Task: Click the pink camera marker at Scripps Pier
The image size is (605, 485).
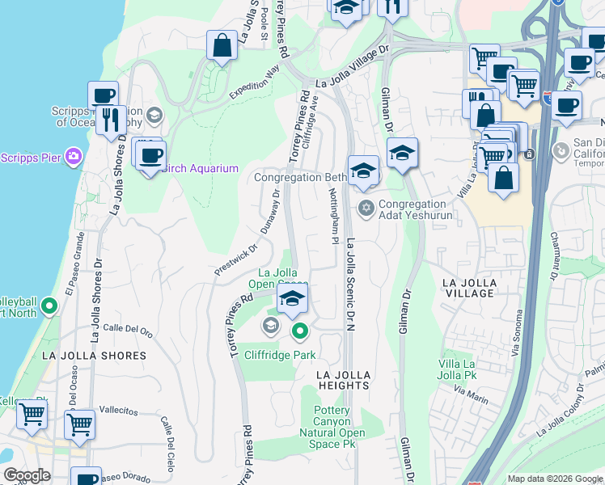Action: [74, 155]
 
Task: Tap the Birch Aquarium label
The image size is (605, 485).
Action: [200, 168]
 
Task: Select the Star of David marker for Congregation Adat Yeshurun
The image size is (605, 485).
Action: [366, 209]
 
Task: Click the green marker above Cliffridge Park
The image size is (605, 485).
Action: [300, 330]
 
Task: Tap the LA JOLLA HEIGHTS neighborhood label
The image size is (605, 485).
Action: [344, 380]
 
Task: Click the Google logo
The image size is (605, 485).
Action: [27, 475]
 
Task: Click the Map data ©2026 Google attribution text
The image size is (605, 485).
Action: [554, 479]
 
